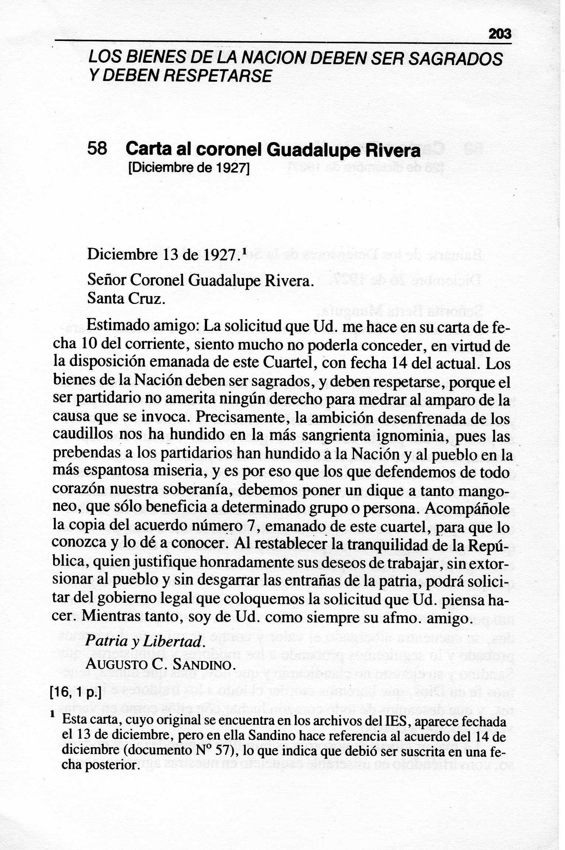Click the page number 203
tap(500, 34)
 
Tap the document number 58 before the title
tap(97, 149)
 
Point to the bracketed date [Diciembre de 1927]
tap(189, 169)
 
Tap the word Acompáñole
tap(467, 509)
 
